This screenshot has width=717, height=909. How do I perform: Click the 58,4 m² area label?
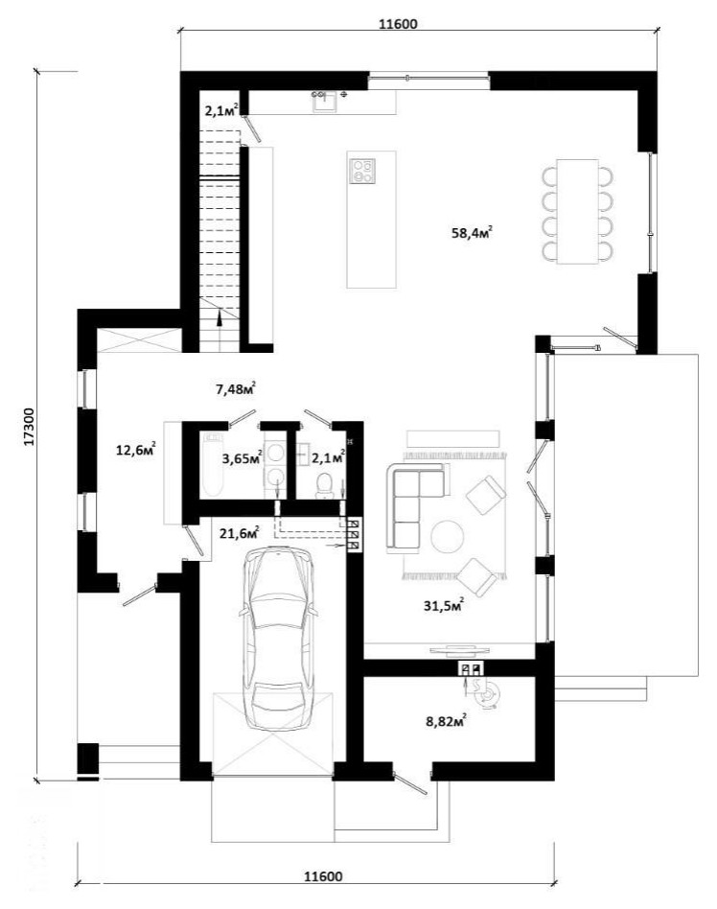[472, 233]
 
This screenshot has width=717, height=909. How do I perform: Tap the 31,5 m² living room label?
[444, 606]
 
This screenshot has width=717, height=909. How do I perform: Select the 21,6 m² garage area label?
[239, 532]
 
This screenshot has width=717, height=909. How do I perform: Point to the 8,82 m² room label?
[447, 721]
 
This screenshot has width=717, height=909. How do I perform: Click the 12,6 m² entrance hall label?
[135, 450]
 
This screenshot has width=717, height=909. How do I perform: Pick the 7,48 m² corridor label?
[236, 389]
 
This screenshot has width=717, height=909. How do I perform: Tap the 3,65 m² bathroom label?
[243, 458]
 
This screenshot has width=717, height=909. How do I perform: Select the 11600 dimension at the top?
[398, 24]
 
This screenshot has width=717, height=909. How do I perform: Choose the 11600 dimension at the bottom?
[323, 876]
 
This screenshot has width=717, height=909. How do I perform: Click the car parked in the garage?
[280, 638]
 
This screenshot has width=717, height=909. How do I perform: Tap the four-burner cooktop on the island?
[362, 171]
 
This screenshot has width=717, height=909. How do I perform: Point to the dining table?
[577, 212]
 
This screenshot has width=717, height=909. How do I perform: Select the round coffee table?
[447, 537]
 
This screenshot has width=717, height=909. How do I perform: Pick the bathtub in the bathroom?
[213, 464]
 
